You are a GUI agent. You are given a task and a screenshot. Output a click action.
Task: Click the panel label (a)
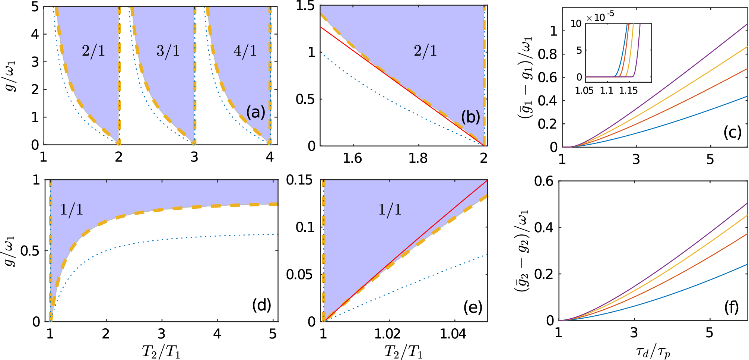click(256, 112)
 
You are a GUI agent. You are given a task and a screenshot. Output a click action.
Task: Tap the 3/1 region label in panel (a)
click(168, 50)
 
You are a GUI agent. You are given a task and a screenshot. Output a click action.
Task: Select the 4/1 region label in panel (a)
click(245, 50)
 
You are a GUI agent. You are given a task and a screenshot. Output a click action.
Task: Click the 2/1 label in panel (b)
click(425, 50)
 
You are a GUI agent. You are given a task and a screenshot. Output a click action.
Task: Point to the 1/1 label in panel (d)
click(72, 210)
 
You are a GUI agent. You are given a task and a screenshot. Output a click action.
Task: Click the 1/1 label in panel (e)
click(390, 210)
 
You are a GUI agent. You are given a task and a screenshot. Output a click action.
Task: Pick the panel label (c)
click(732, 132)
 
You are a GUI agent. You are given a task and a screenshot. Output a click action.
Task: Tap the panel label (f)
click(731, 307)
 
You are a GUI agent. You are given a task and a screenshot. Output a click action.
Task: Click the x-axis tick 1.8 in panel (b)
click(418, 159)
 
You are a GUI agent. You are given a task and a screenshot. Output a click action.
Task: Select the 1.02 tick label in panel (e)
click(387, 334)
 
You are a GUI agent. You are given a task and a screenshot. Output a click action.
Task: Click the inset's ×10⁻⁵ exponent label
click(600, 17)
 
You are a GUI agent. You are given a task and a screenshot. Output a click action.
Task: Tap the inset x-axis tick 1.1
click(606, 91)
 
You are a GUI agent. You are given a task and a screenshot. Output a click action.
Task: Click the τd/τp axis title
click(653, 351)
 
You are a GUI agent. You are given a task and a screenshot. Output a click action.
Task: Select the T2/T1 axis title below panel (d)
click(161, 351)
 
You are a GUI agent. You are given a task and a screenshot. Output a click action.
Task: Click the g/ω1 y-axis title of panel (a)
click(12, 76)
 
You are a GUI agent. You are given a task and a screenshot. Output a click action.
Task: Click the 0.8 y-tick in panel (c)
click(548, 54)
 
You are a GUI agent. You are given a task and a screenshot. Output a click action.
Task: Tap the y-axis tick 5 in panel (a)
click(35, 7)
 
